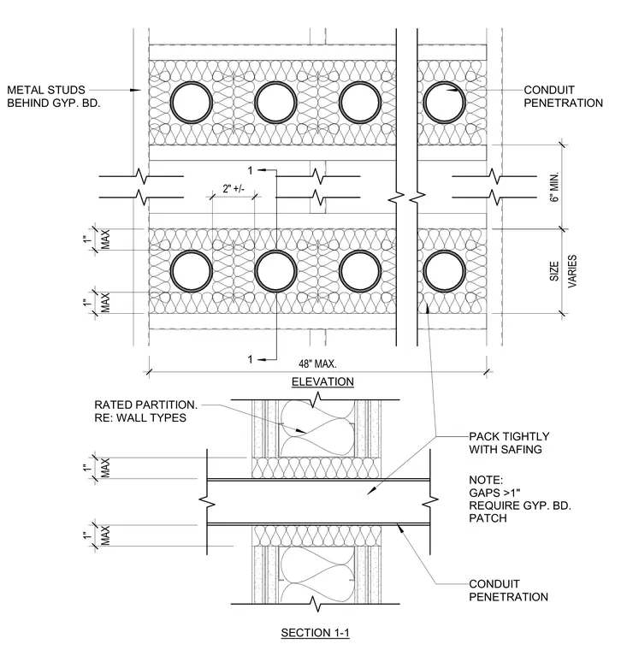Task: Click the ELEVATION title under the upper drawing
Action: click(322, 381)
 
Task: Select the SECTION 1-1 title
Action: click(315, 633)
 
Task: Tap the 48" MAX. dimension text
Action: click(317, 364)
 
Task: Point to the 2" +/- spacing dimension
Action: click(234, 189)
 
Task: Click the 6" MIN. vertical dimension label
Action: click(554, 186)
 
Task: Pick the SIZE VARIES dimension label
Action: click(563, 271)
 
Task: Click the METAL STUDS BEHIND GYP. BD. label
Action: click(54, 97)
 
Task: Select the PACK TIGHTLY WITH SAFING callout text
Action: click(509, 443)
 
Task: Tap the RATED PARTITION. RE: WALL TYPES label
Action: click(145, 411)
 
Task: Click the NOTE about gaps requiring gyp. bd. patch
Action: click(520, 499)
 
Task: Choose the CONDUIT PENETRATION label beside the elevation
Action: click(563, 97)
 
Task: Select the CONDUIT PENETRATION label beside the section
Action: click(508, 590)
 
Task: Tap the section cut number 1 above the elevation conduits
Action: click(250, 170)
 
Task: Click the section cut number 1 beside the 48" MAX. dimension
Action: click(250, 359)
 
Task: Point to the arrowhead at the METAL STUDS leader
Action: click(136, 90)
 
